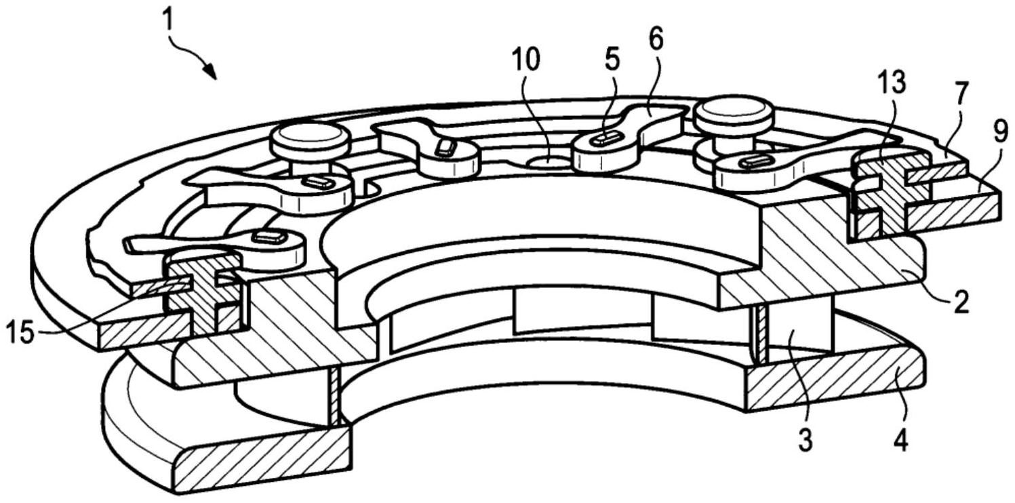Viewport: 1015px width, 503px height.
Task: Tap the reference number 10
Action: click(x=526, y=61)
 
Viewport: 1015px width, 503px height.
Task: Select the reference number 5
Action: click(x=612, y=60)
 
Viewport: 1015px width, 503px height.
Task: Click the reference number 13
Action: click(x=891, y=83)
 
